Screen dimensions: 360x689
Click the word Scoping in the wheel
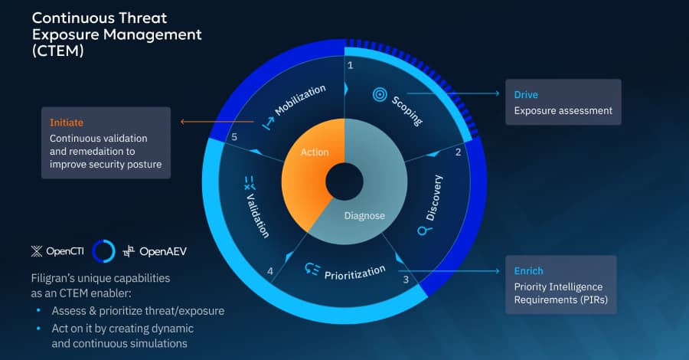point(407,111)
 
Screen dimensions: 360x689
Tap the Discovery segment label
point(434,198)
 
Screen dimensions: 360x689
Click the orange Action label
point(314,152)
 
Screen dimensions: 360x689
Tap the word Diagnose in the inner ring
point(364,215)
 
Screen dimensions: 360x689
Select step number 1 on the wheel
point(351,66)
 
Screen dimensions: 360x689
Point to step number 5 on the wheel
point(234,137)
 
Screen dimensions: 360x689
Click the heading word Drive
point(526,95)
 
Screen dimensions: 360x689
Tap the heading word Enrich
point(528,271)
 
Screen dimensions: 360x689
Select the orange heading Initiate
point(66,123)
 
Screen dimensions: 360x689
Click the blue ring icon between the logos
point(103,250)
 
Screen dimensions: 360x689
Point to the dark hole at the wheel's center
point(344,182)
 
